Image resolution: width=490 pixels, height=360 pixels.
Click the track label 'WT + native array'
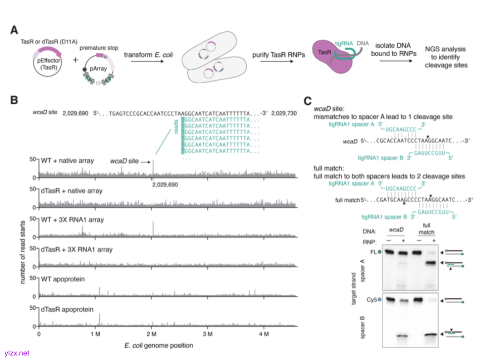[68, 161]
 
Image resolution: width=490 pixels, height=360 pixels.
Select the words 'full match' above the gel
[425, 229]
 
